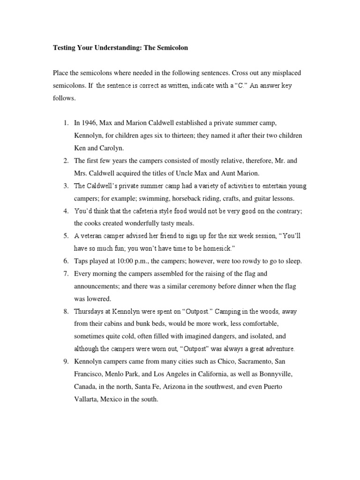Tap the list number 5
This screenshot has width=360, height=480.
click(x=66, y=236)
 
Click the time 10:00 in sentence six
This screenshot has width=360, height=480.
click(x=126, y=261)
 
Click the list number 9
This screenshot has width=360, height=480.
click(x=66, y=361)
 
